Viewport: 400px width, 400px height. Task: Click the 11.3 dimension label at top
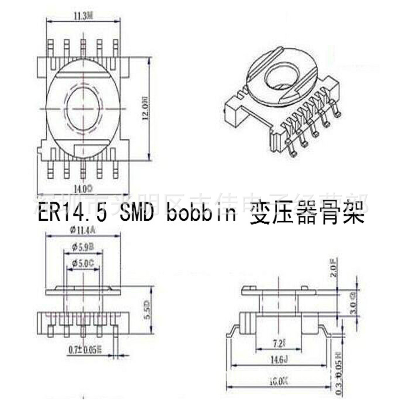point(83,16)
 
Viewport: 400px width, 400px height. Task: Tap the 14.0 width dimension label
point(83,187)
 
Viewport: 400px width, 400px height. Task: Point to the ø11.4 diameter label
point(83,230)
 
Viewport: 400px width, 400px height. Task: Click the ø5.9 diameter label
point(83,247)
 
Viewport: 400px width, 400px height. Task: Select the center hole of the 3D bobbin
point(281,78)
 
